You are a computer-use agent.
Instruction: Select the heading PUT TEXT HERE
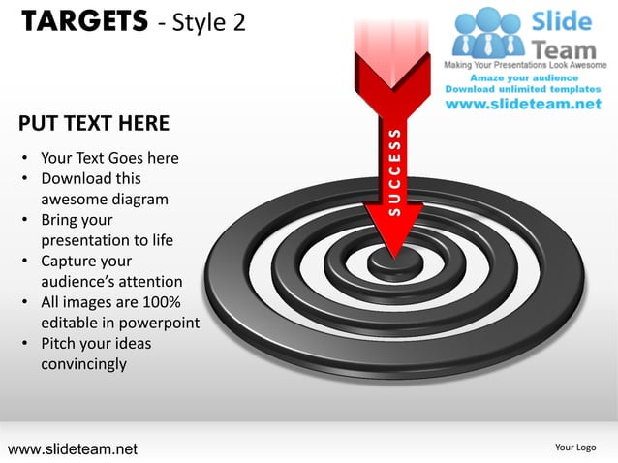pos(94,124)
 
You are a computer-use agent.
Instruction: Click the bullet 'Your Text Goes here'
pos(109,158)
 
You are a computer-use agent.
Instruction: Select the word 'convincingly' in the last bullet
pos(83,364)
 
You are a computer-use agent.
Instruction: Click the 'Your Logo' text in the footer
pos(575,447)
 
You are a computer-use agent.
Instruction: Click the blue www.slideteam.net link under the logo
pos(523,105)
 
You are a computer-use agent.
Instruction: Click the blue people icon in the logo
pos(489,33)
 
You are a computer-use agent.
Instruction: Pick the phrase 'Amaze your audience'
pos(524,77)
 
